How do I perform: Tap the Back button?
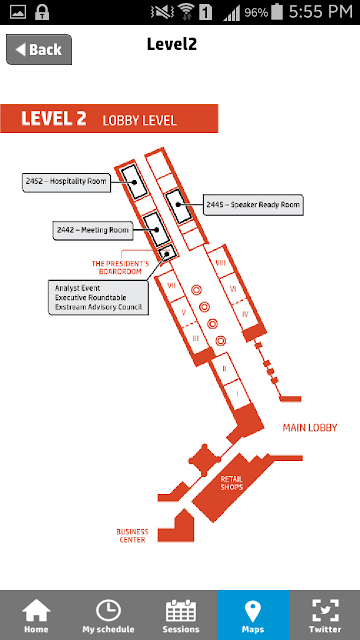point(39,49)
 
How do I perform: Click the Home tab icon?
point(36,611)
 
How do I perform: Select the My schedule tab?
point(108,615)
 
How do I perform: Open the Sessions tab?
point(181,615)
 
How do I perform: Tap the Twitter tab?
point(325,615)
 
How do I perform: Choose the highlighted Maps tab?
point(253,615)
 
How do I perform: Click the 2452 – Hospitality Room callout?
point(66,182)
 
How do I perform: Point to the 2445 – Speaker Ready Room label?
point(253,205)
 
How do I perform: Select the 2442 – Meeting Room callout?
point(93,230)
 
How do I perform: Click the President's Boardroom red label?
point(120,267)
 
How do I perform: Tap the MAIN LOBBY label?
point(310,428)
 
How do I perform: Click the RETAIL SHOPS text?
point(231,483)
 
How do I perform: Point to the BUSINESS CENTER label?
point(132,536)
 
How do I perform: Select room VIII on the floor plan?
point(220,262)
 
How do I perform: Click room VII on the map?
point(172,286)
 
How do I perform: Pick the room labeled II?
point(224,369)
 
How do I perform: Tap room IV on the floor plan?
point(245,314)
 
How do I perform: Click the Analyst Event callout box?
point(98,298)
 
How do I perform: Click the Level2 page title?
point(172,44)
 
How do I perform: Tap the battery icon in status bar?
point(277,11)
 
